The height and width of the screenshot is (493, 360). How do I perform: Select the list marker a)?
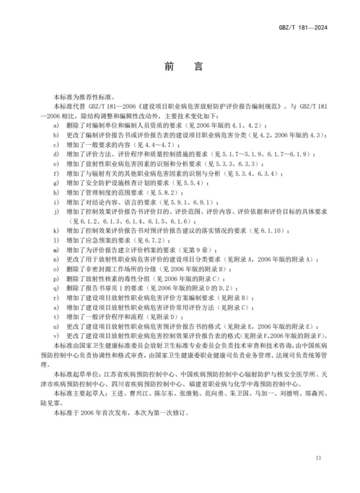tap(56, 124)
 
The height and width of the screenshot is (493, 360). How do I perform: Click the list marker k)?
tap(56, 230)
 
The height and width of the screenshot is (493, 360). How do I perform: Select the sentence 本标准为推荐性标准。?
tap(78, 96)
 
